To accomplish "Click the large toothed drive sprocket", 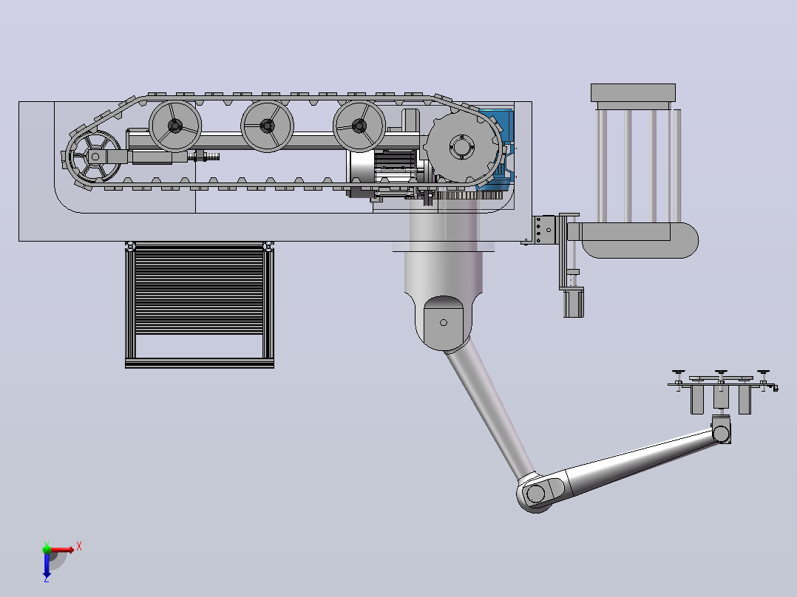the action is click(x=461, y=147).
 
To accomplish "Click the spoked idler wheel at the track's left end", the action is click(x=94, y=157).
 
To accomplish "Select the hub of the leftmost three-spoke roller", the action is click(x=174, y=126).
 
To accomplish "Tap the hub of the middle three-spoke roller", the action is click(x=267, y=126).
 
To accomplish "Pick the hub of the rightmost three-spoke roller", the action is click(x=359, y=126).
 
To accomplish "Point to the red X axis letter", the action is click(x=79, y=547).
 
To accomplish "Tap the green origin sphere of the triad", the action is click(x=47, y=549).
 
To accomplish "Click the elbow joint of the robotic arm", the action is click(x=535, y=493).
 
